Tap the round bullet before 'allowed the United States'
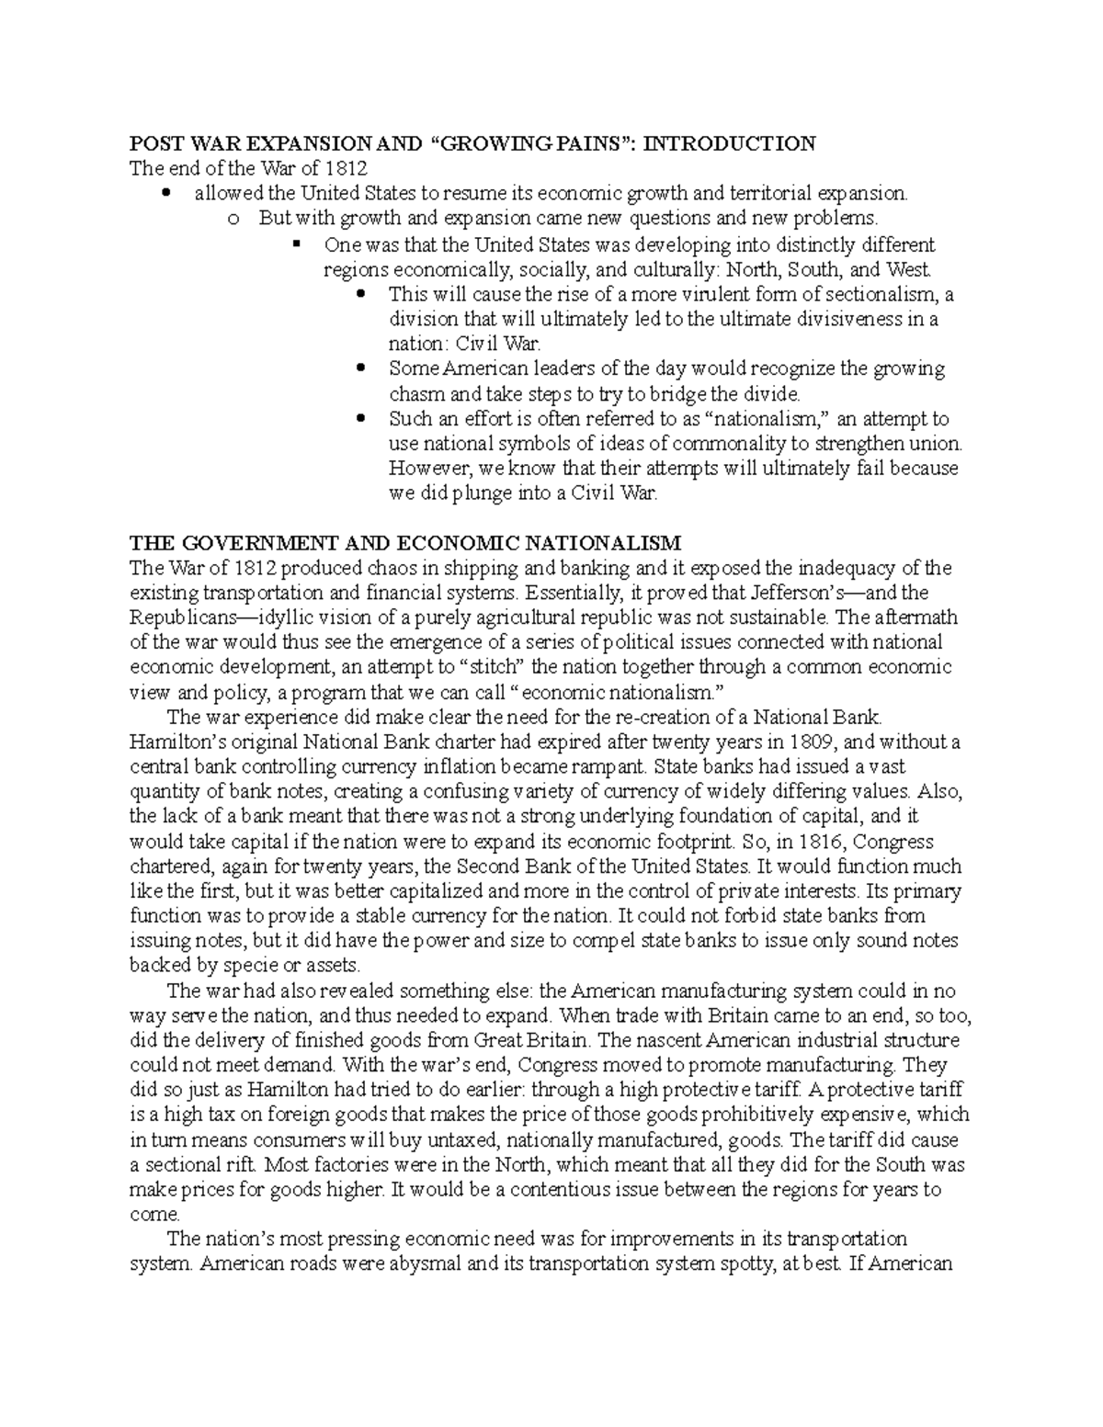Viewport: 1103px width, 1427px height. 165,194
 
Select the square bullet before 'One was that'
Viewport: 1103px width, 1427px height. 296,244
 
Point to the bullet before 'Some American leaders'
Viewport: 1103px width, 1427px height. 360,369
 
